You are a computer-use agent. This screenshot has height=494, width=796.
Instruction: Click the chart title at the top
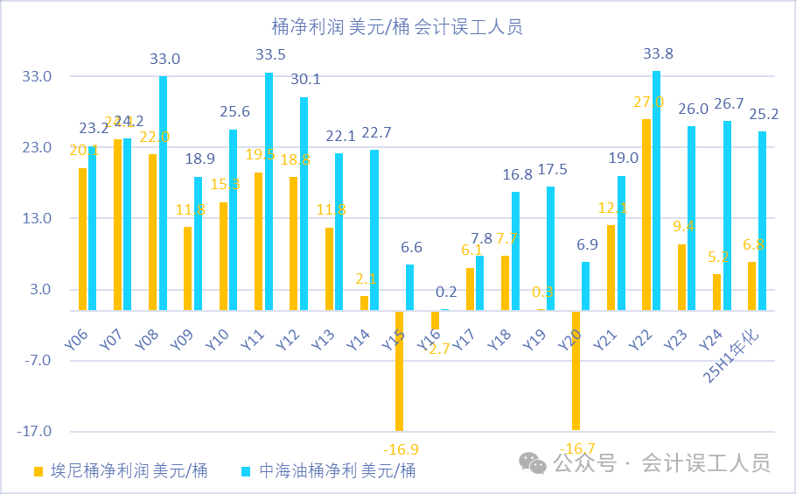[x=398, y=27]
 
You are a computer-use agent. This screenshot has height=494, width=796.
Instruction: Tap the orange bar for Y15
[x=400, y=370]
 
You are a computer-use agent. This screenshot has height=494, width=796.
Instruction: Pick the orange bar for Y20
[x=576, y=370]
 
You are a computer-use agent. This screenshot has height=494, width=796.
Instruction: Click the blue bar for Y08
[x=163, y=193]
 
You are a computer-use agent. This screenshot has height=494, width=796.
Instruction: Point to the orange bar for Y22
[x=646, y=215]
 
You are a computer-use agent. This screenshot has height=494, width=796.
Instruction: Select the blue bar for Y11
[x=269, y=191]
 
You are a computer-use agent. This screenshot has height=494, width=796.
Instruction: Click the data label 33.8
[x=659, y=54]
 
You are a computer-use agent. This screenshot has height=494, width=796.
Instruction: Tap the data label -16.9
[x=401, y=450]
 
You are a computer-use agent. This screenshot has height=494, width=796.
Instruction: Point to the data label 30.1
[x=304, y=80]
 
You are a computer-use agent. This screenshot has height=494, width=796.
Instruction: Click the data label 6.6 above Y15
[x=411, y=248]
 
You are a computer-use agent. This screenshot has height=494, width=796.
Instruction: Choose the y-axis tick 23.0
[x=38, y=148]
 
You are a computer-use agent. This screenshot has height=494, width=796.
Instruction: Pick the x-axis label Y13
[x=324, y=335]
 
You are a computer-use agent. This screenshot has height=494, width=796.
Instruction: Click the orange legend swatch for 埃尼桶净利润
[x=38, y=471]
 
